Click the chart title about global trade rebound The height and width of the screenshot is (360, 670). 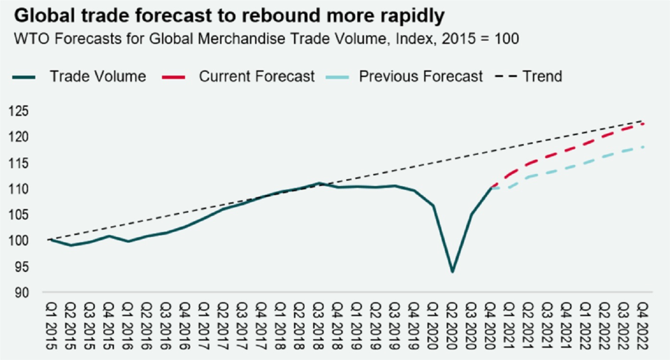click(x=229, y=16)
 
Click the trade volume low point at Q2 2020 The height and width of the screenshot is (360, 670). click(x=452, y=272)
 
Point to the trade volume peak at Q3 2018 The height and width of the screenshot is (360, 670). click(x=319, y=183)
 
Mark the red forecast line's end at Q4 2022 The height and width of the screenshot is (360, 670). click(x=642, y=124)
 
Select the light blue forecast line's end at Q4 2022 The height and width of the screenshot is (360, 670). click(x=642, y=147)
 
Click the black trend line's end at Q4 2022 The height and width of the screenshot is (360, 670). click(x=642, y=120)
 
